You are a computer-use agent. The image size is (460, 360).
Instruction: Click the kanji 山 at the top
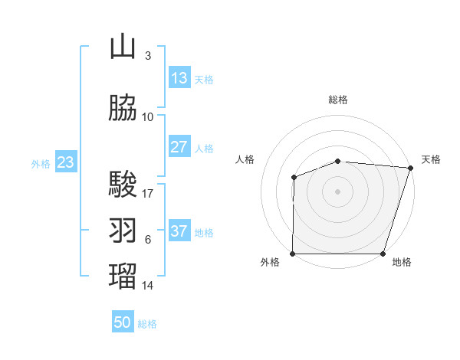[123, 47]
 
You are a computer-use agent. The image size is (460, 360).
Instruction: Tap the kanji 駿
[123, 185]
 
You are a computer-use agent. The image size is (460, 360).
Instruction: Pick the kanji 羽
[123, 231]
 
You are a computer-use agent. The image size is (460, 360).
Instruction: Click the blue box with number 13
[179, 78]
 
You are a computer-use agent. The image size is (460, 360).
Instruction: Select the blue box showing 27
[179, 147]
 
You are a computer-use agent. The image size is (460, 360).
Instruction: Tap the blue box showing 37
[179, 231]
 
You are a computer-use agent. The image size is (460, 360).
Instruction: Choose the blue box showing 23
[65, 162]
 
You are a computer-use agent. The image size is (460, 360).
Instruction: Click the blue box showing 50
[123, 322]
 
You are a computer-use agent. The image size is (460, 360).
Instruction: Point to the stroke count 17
[148, 193]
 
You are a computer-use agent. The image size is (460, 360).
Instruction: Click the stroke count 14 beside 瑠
[148, 286]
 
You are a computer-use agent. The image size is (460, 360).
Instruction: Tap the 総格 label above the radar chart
[338, 100]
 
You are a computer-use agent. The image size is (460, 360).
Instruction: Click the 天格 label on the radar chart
[431, 159]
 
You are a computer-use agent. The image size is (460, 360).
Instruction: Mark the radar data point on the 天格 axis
[409, 168]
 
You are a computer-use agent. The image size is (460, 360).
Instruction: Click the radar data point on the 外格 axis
[293, 254]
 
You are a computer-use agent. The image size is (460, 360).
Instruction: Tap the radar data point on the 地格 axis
[383, 254]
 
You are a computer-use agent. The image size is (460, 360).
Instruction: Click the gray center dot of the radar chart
[338, 191]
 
